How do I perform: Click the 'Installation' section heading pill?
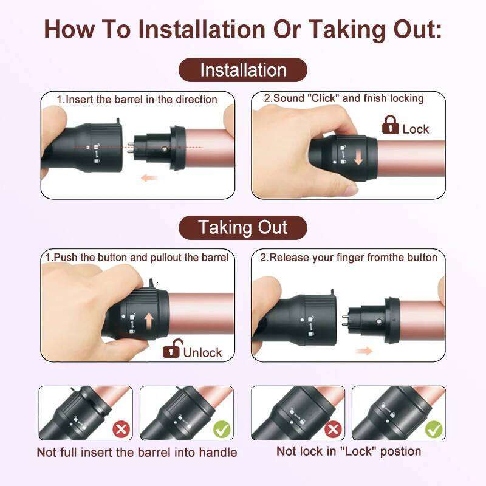click(243, 70)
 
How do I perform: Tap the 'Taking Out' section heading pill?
click(243, 228)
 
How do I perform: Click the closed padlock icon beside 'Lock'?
click(390, 126)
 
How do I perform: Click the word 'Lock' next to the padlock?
click(416, 129)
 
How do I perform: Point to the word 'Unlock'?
click(202, 352)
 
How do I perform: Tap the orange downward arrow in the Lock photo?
click(358, 156)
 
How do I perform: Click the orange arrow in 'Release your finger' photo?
click(364, 351)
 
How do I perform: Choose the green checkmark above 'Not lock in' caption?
click(434, 430)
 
